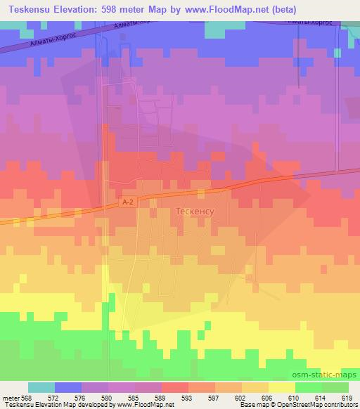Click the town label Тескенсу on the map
193,210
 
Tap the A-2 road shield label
127,201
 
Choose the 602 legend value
240,398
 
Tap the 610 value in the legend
293,398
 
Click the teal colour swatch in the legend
41,388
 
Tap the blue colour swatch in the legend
68,388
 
